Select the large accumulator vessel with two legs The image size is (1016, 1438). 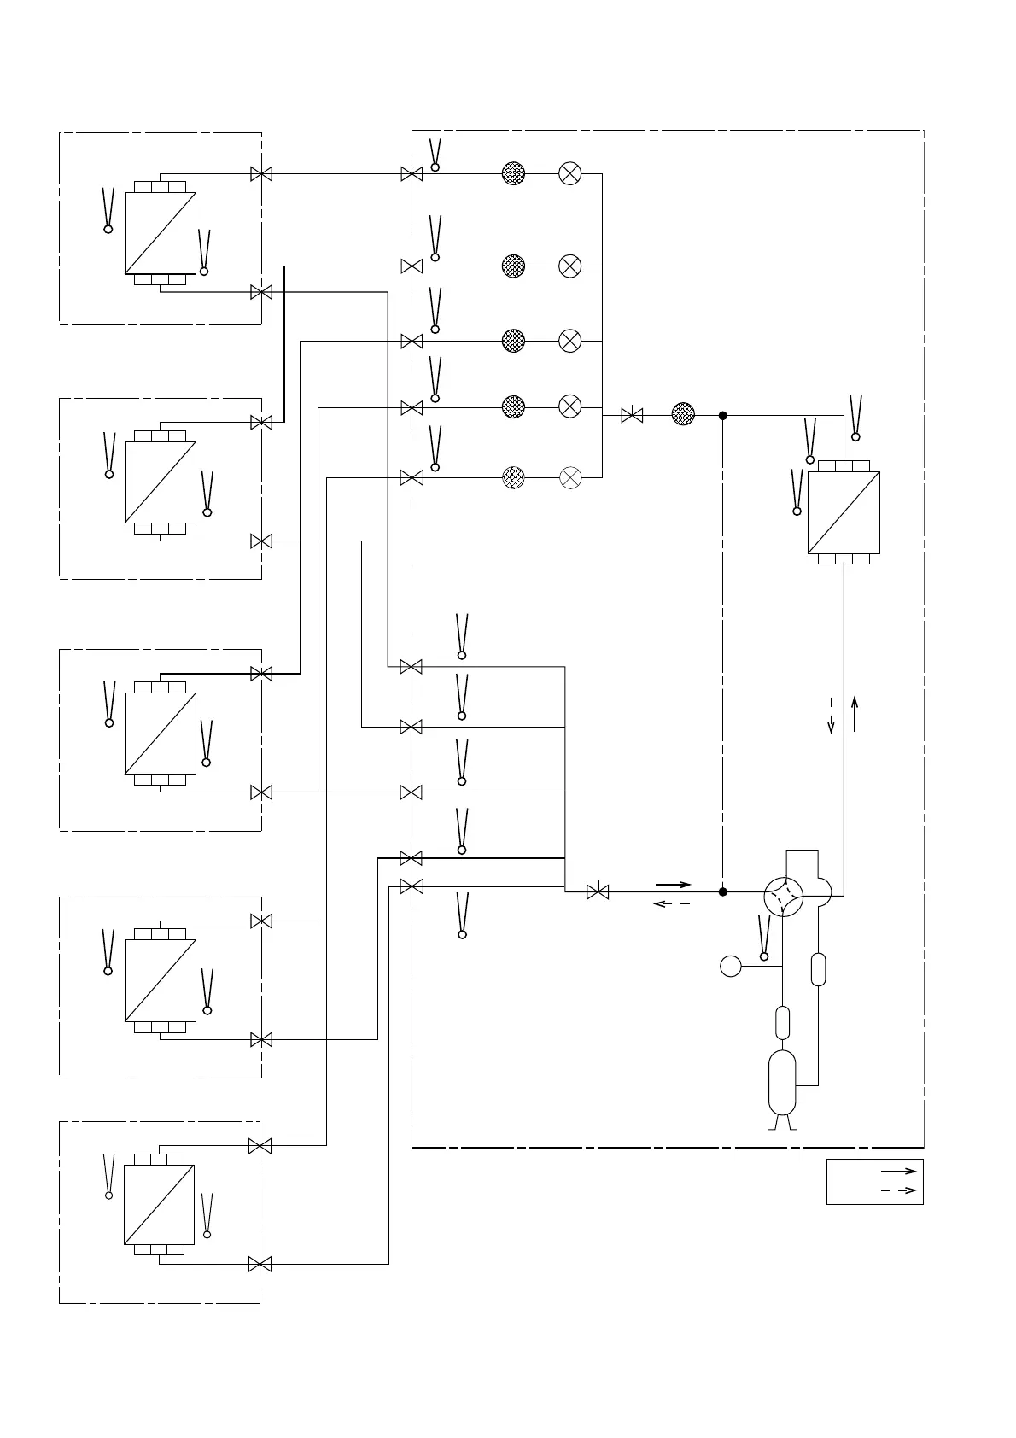782,1082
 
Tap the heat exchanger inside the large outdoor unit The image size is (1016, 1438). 844,512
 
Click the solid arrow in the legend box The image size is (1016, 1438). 898,1172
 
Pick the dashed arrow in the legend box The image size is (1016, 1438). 898,1190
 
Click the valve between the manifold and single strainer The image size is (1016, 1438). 632,416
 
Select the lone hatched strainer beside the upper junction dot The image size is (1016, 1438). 683,415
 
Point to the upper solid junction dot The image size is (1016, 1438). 722,416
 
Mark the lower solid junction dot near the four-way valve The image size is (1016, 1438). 722,891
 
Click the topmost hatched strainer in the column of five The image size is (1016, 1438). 513,173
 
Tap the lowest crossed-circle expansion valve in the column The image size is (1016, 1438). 569,477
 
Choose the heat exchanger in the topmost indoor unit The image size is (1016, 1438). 161,232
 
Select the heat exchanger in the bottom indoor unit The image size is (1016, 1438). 160,1204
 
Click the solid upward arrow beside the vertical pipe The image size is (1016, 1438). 855,714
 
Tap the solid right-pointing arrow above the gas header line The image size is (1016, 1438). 673,884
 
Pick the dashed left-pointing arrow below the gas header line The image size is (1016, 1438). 671,903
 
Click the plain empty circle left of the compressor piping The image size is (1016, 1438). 731,966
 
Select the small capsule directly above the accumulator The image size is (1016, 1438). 782,1022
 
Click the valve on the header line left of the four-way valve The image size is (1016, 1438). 598,892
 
